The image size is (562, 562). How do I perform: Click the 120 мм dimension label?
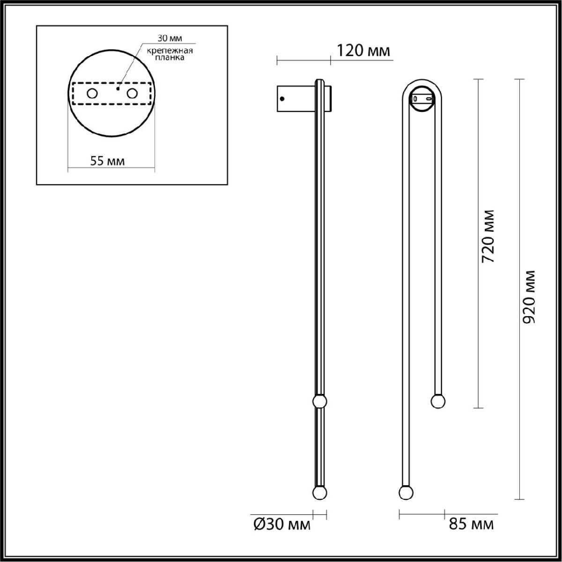click(x=363, y=51)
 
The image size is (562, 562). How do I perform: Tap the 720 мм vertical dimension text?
click(x=488, y=237)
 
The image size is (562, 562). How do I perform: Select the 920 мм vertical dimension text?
click(x=528, y=297)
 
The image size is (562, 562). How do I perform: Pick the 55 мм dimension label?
click(x=108, y=161)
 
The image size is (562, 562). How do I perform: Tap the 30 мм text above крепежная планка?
click(x=170, y=38)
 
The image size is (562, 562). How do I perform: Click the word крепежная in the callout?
click(x=170, y=51)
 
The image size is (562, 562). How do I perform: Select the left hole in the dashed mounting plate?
click(x=92, y=94)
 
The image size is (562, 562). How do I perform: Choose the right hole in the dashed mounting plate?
click(x=132, y=94)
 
